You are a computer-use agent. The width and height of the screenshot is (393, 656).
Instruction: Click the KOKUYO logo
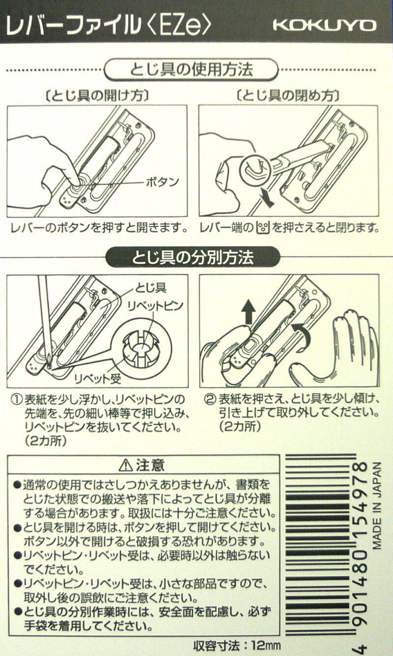(324, 26)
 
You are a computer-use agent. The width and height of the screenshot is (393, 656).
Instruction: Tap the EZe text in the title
(180, 26)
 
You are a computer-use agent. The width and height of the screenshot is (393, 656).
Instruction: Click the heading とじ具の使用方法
(191, 70)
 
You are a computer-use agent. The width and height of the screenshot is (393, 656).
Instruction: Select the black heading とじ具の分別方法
(193, 257)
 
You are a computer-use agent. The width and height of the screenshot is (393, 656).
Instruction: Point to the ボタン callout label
(162, 182)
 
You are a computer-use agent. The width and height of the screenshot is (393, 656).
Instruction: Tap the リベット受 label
(97, 379)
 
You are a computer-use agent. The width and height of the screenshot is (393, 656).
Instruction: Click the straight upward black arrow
(249, 312)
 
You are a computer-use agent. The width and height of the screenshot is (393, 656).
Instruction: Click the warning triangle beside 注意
(126, 465)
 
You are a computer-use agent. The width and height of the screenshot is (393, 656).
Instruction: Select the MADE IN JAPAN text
(377, 510)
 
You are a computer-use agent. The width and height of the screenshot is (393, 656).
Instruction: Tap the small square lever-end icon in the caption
(263, 227)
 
